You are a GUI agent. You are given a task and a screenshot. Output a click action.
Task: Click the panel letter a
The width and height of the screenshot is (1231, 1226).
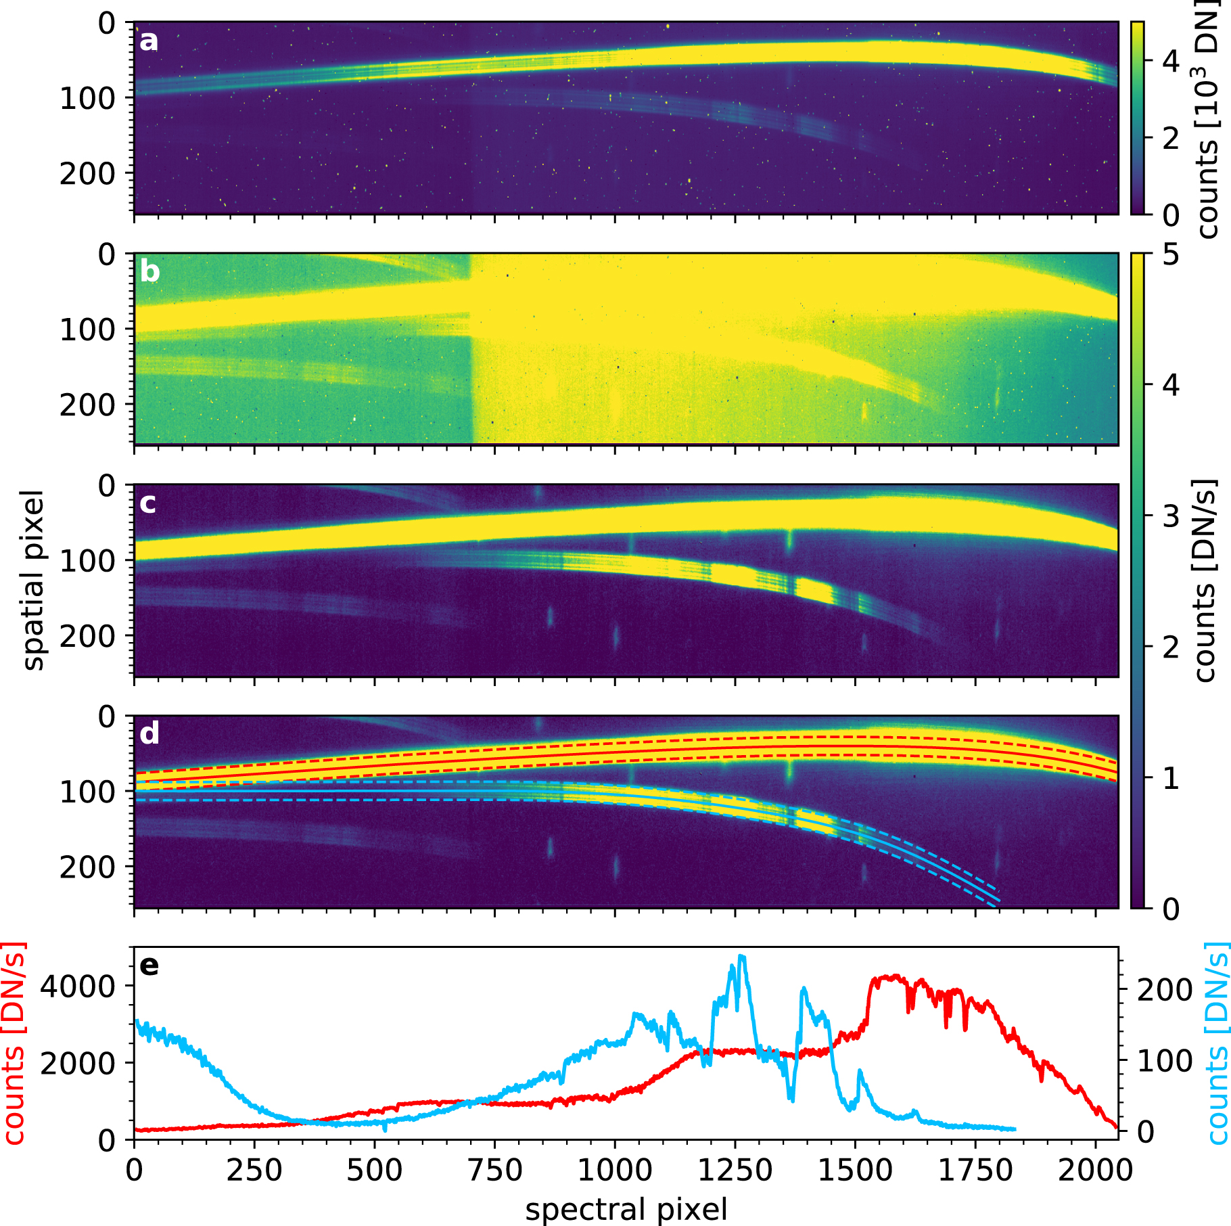tap(148, 41)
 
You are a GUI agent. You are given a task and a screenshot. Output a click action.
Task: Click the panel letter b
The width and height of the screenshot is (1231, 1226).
tap(149, 271)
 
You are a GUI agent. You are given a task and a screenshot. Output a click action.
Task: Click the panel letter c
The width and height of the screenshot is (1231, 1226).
tap(147, 503)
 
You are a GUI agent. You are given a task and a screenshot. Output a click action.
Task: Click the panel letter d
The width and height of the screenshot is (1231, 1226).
tap(149, 733)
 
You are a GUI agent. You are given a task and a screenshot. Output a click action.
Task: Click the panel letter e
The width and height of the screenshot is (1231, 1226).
tap(149, 965)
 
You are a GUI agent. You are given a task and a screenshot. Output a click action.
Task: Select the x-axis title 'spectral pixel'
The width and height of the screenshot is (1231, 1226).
tap(626, 1209)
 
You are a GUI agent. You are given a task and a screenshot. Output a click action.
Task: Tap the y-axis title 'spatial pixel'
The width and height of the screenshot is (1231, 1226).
tap(33, 580)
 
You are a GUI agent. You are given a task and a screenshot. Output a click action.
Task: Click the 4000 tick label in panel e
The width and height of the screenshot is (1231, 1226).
tap(78, 987)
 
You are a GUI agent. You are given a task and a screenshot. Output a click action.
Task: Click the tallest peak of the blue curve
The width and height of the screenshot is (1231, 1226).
tap(742, 956)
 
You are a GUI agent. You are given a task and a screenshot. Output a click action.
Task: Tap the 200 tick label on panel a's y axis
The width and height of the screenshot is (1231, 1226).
tap(88, 174)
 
